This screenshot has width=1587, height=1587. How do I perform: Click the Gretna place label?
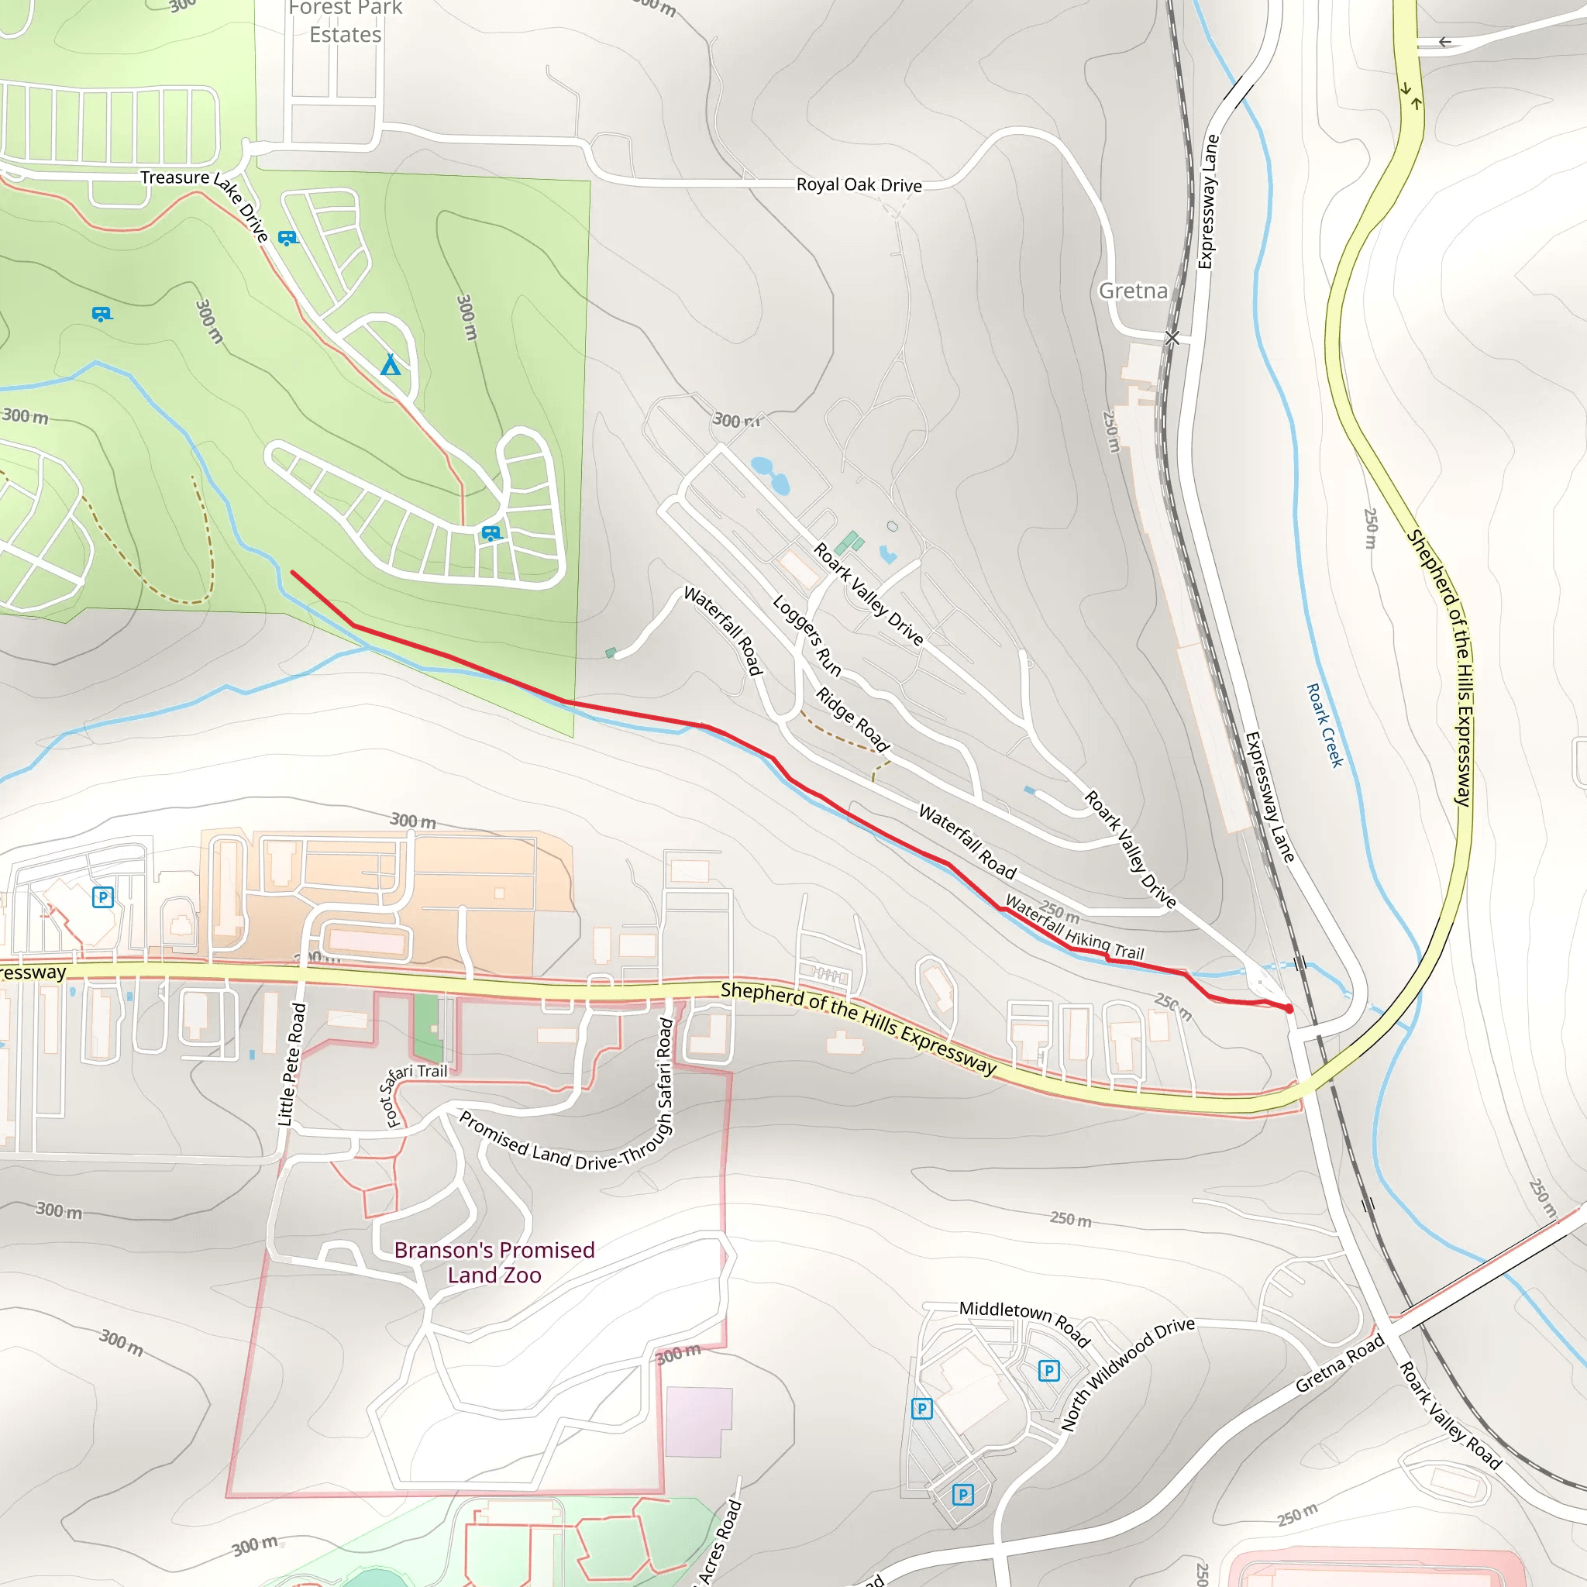[1133, 291]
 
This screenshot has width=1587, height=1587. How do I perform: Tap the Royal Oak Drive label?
[859, 185]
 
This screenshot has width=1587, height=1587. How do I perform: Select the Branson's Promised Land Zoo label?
[494, 1262]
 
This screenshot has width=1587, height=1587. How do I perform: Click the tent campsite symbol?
[391, 364]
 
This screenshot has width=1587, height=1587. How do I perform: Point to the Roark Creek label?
[1324, 725]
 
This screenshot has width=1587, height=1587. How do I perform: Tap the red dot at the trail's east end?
[1289, 1009]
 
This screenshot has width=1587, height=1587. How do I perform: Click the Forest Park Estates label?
[345, 22]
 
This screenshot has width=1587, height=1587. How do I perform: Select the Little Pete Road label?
[291, 1065]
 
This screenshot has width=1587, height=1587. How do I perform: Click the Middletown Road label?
[1024, 1324]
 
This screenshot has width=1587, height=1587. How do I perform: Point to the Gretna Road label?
[1340, 1364]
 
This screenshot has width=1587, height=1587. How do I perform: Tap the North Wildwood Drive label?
[1127, 1373]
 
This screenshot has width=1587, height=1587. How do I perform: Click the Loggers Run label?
[807, 635]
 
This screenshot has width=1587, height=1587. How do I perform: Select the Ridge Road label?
[852, 720]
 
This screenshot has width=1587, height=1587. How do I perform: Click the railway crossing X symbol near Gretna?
[1172, 338]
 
